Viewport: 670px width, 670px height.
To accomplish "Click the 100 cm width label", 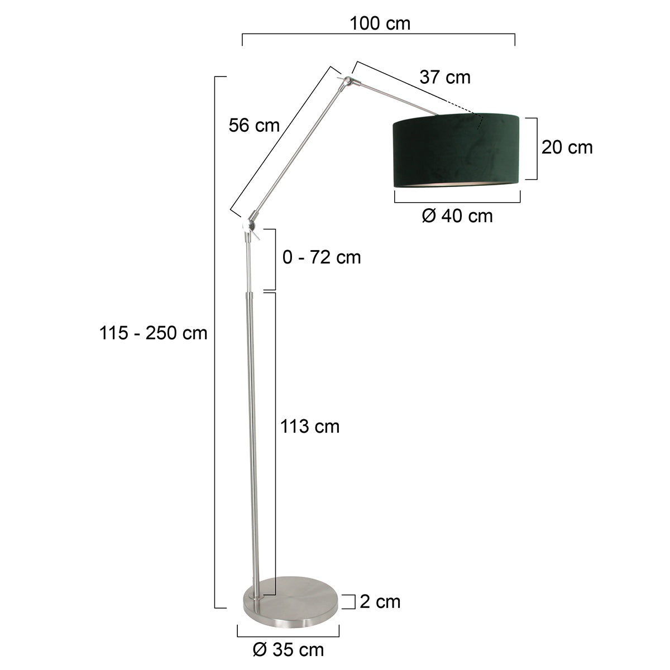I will pos(380,23).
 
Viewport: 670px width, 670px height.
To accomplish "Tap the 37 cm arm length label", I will pos(445,77).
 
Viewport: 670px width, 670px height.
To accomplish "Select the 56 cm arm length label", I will pos(254,126).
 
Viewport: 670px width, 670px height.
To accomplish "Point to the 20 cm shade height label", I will pos(567,147).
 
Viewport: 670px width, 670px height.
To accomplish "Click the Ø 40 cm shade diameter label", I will pos(457,216).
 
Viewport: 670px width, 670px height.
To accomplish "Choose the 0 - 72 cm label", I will pos(322,257).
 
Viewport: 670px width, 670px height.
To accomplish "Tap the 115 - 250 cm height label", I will pos(154,333).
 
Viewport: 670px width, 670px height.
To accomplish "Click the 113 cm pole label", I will pos(310,427).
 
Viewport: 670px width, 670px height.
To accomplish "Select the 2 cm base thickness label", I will pos(380,601).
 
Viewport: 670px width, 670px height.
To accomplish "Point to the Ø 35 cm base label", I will pos(288,649).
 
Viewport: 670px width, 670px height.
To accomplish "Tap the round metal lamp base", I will pos(291,601).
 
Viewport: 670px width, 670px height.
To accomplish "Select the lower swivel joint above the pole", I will pos(248,225).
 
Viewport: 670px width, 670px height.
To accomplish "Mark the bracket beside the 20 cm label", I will pos(534,149).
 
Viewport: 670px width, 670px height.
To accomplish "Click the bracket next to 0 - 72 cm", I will pos(274,259).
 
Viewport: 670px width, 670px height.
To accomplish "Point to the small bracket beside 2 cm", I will pos(353,601).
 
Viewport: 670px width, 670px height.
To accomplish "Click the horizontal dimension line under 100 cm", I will pos(379,35).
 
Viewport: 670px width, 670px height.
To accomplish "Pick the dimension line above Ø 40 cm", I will pos(457,202).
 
